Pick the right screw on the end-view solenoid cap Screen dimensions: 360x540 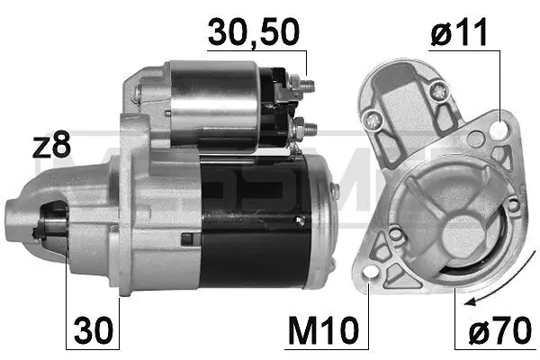436,90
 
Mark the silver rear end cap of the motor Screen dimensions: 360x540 324,220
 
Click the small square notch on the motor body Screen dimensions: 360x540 186,238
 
